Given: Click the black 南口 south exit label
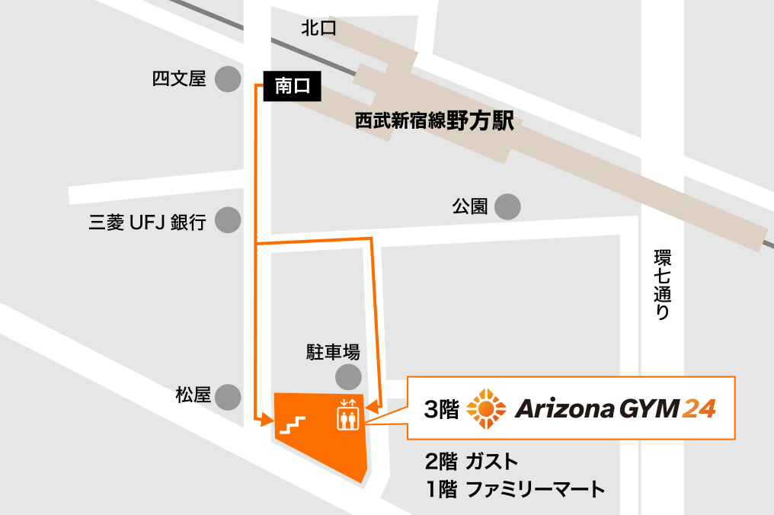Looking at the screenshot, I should click(x=293, y=87).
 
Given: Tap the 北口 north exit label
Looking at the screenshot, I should click(x=318, y=29).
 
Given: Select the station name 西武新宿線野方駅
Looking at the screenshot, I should click(x=434, y=122).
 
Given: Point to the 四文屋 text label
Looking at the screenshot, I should click(x=180, y=79).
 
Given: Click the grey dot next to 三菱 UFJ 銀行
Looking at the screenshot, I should click(x=227, y=221).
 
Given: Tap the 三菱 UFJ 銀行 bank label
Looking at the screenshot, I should click(x=148, y=222).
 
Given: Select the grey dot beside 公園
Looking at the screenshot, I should click(x=508, y=206).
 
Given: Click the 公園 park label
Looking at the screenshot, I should click(x=469, y=206).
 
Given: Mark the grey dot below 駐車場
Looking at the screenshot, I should click(x=349, y=376).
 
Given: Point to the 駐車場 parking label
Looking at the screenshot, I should click(x=333, y=352).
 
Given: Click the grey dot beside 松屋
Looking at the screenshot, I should click(x=227, y=396).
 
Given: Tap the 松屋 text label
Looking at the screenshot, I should click(x=193, y=396).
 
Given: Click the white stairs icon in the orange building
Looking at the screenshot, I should click(x=293, y=424).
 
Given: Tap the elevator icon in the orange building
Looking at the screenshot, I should click(x=347, y=415).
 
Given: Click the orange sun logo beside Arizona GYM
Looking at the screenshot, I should click(x=485, y=409).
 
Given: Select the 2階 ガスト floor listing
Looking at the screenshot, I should click(x=473, y=462).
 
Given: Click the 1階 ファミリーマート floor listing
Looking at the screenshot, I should click(x=517, y=489).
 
